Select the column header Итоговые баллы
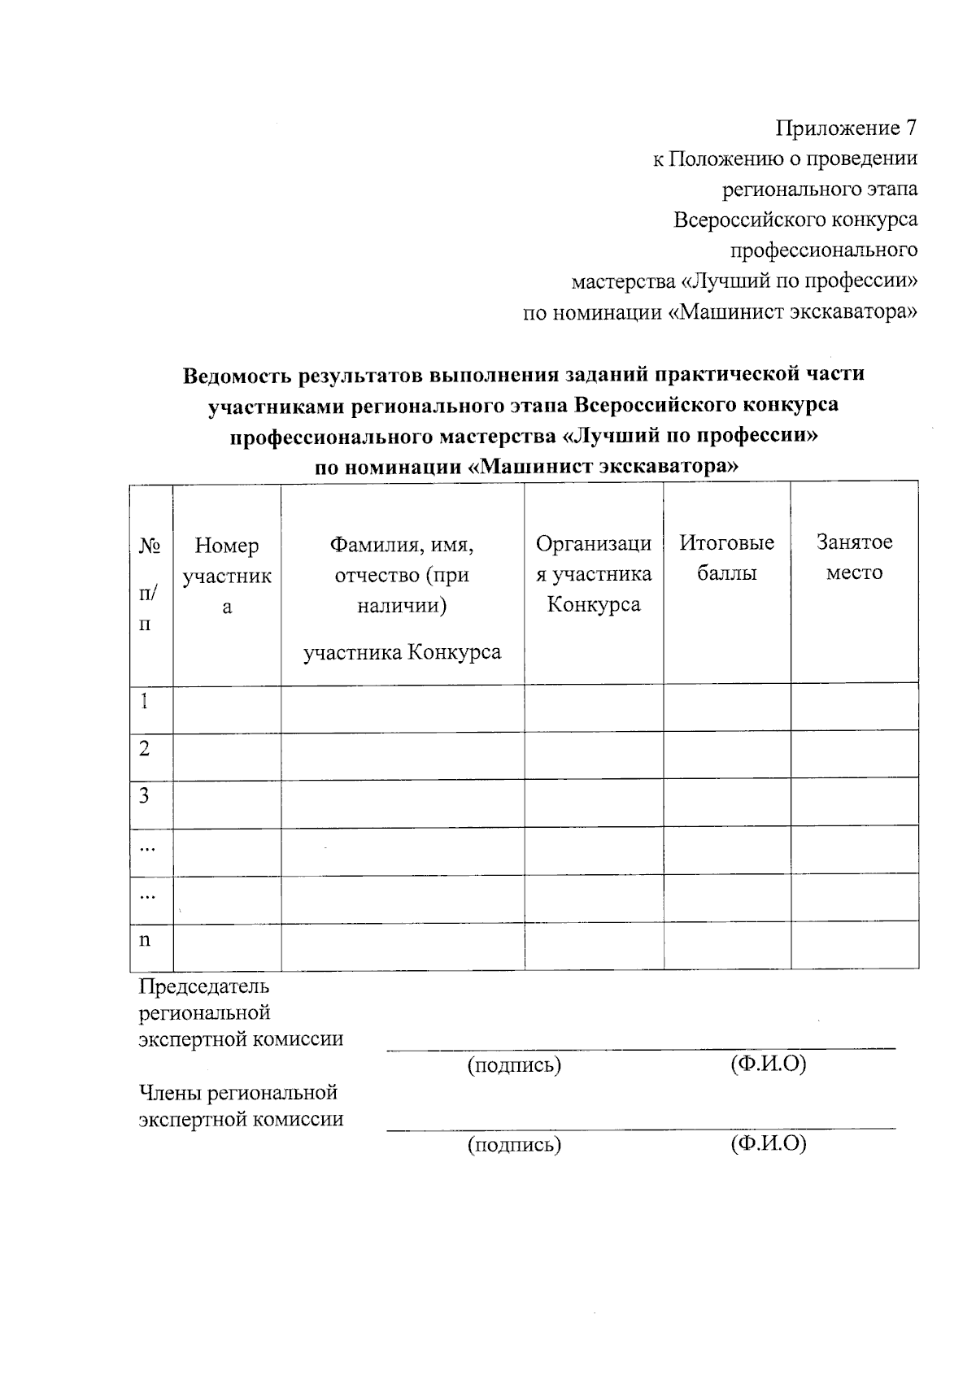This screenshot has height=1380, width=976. [x=727, y=558]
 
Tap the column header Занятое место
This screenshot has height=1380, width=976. [x=854, y=557]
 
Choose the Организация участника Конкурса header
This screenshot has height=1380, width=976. [x=594, y=574]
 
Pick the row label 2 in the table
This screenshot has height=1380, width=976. [x=145, y=749]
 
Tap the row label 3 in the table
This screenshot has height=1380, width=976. [x=145, y=796]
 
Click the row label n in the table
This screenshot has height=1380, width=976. [x=145, y=940]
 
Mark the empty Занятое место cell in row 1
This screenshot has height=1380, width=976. [x=854, y=707]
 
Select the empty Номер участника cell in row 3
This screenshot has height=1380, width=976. [x=227, y=804]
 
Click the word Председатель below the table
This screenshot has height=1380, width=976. [x=204, y=987]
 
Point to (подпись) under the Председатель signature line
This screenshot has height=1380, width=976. [x=514, y=1065]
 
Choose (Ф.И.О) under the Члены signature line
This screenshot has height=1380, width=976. [x=769, y=1144]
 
